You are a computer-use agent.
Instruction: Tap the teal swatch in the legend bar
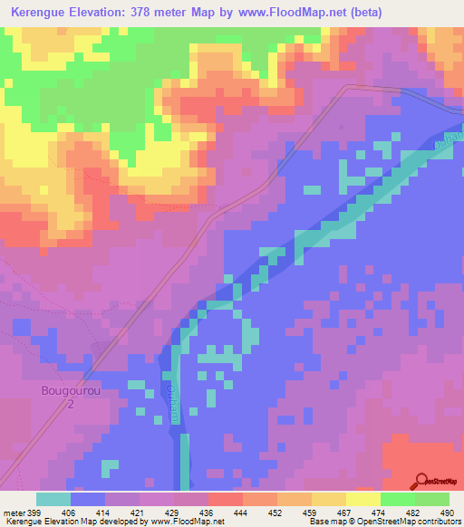pyautogui.click(x=53, y=499)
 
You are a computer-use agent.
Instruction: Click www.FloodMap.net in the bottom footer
pyautogui.click(x=188, y=522)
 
